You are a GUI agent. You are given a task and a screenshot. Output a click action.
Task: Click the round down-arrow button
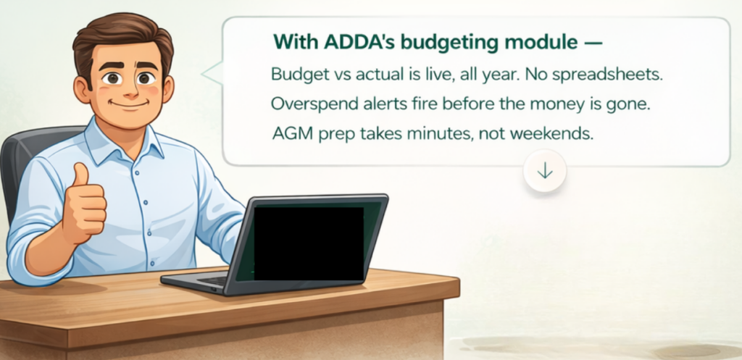545,170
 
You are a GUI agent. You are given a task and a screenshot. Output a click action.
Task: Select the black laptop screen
309,243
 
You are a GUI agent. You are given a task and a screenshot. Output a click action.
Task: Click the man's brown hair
123,35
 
